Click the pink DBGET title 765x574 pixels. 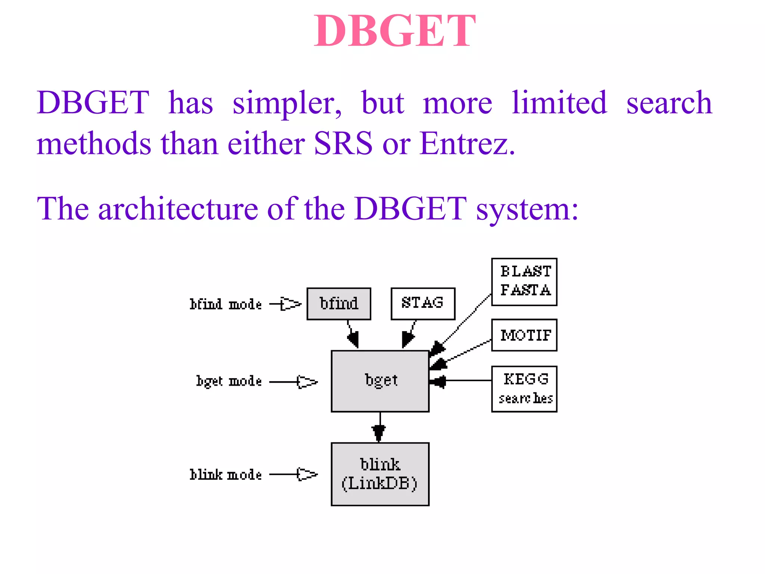(394, 31)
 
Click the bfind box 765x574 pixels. (338, 303)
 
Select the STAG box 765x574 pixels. (422, 303)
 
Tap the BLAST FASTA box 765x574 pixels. (524, 282)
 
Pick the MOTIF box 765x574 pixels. (524, 335)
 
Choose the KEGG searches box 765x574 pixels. (524, 389)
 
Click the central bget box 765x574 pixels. (380, 381)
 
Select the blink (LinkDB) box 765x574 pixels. (380, 474)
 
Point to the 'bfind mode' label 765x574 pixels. (225, 304)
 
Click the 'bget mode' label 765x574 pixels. (229, 381)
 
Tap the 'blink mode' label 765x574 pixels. (225, 475)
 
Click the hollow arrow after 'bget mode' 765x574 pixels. (307, 382)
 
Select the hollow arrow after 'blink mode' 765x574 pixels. (307, 474)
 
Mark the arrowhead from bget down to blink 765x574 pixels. (379, 433)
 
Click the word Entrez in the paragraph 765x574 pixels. (467, 143)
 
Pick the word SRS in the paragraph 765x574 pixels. (343, 143)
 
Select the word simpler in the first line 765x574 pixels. (286, 103)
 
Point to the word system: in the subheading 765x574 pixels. (527, 209)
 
